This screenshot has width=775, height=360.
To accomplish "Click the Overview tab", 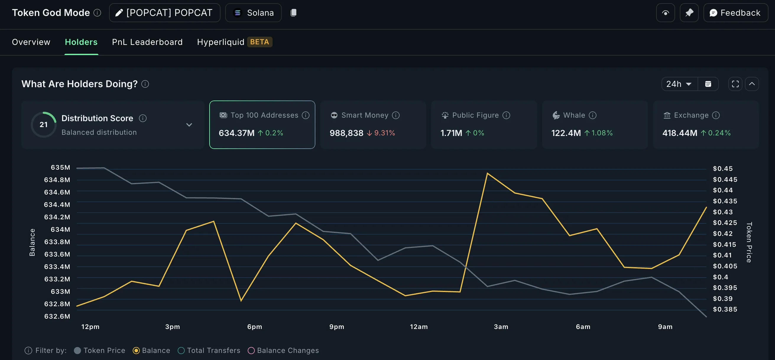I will click(x=31, y=42).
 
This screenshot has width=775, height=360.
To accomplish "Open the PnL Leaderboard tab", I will click(x=147, y=42).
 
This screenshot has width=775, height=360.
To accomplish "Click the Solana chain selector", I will click(x=253, y=13).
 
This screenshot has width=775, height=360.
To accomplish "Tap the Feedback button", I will click(x=735, y=13).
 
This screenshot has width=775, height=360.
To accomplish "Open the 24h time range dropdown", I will click(x=679, y=84).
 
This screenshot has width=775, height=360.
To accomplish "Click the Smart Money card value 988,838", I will click(x=346, y=133).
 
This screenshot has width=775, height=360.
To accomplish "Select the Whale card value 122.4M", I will click(x=566, y=133).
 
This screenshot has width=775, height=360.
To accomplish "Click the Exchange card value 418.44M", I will click(x=680, y=133).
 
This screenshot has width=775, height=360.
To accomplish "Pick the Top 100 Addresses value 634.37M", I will click(x=236, y=133).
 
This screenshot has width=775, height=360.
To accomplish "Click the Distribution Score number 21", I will click(x=44, y=124).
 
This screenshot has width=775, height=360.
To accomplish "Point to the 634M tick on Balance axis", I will click(x=60, y=229).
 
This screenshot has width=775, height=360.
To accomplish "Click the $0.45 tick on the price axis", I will click(x=723, y=169).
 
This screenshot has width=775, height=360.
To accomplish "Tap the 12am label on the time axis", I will click(x=419, y=327).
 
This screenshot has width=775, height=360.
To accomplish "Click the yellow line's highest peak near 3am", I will click(x=487, y=173).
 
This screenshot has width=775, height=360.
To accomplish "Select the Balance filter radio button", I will click(x=136, y=350).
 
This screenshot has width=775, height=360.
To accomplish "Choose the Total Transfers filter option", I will click(x=181, y=350).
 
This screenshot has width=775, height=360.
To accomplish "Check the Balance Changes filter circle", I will click(x=251, y=350).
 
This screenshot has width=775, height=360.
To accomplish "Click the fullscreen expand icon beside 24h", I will click(x=735, y=84).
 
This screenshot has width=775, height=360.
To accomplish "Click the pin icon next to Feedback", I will click(x=689, y=13).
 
